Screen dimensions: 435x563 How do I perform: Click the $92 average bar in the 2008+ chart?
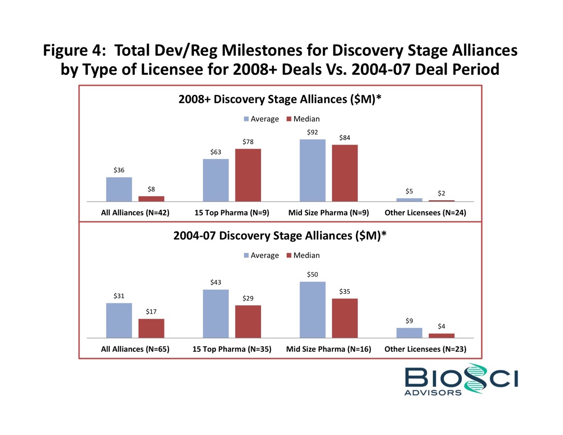tap(312, 170)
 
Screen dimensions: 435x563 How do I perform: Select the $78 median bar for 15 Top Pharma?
tap(248, 175)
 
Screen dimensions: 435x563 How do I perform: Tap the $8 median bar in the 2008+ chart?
tap(151, 199)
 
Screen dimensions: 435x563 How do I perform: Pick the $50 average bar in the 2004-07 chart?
tap(312, 309)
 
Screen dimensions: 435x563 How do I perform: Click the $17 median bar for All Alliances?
tap(151, 328)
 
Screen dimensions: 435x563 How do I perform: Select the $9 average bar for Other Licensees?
tap(409, 333)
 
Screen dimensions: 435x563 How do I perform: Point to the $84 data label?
tap(345, 138)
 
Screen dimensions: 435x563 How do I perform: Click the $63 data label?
tap(216, 152)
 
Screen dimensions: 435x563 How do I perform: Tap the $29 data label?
tap(248, 298)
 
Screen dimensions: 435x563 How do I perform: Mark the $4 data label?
tap(442, 327)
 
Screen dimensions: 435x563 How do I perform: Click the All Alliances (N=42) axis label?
tap(135, 213)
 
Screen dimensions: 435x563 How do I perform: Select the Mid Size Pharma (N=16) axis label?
tap(328, 349)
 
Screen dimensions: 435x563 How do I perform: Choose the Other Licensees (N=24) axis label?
tap(425, 213)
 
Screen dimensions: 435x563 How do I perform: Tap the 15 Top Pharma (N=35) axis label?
tap(232, 349)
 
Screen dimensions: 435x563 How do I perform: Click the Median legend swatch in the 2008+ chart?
tap(288, 119)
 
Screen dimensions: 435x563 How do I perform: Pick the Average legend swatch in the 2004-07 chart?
tap(246, 255)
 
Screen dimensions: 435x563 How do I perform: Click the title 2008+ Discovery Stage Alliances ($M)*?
tap(280, 99)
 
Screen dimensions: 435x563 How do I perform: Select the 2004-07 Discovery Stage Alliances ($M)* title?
tap(280, 235)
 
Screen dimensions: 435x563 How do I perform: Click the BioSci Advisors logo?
tap(460, 379)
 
